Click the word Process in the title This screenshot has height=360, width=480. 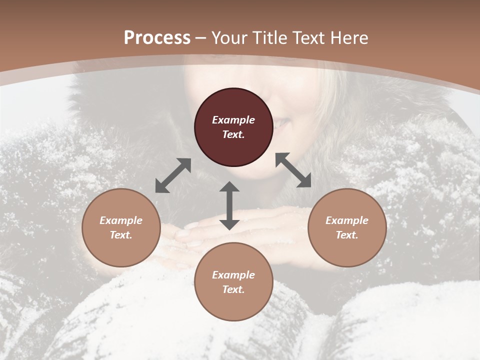tap(157, 38)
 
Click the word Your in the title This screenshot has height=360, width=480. tap(230, 38)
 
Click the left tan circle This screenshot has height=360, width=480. tap(121, 227)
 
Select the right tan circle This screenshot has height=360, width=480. tap(347, 227)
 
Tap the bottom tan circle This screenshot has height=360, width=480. tap(233, 281)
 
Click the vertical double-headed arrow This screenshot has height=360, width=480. tap(229, 205)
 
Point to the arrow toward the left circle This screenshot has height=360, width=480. tap(173, 175)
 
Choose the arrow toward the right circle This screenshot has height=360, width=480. tap(293, 170)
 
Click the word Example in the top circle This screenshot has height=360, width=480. tap(233, 120)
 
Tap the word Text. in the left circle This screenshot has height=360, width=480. tap(121, 235)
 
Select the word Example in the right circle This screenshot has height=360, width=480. tap(347, 220)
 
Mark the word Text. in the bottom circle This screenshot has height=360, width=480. tap(233, 289)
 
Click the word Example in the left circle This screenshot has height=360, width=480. tap(121, 220)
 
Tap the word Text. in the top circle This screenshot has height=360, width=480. tap(233, 134)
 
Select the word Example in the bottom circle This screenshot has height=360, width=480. tap(233, 275)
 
